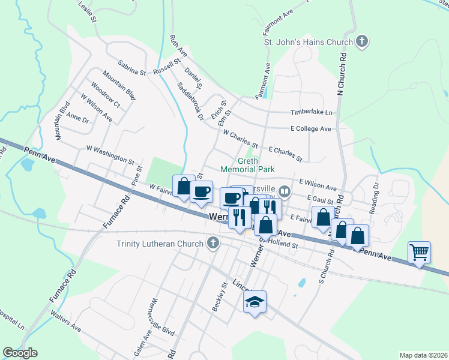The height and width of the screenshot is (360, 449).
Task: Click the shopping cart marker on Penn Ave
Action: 419,251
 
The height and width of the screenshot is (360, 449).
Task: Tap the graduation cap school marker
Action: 255,302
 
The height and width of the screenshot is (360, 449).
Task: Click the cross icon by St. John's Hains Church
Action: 361,42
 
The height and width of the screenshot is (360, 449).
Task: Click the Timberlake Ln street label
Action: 312,112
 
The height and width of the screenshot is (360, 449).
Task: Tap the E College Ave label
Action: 310,129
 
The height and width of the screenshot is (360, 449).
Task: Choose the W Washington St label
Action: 110,154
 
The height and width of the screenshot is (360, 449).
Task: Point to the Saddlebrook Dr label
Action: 191,101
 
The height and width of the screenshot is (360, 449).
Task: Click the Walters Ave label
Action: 66,325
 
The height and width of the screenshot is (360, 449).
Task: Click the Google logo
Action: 19,353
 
